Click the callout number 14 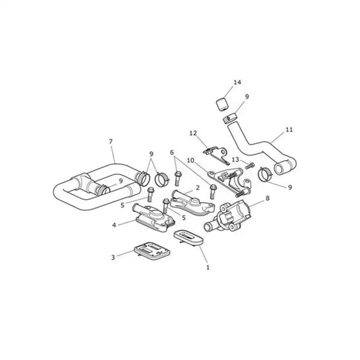click(237, 82)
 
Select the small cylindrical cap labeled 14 click(223, 103)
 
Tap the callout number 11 click(289, 130)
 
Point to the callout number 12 click(193, 133)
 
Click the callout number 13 click(235, 159)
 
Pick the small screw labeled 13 click(250, 165)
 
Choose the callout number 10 click(190, 160)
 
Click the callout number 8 click(267, 198)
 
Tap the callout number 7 click(111, 141)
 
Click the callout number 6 click(172, 152)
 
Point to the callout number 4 click(114, 225)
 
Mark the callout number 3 click(113, 257)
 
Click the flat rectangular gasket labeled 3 click(152, 251)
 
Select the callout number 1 click(208, 267)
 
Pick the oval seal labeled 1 click(188, 238)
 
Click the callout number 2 click(198, 188)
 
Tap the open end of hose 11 click(279, 169)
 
